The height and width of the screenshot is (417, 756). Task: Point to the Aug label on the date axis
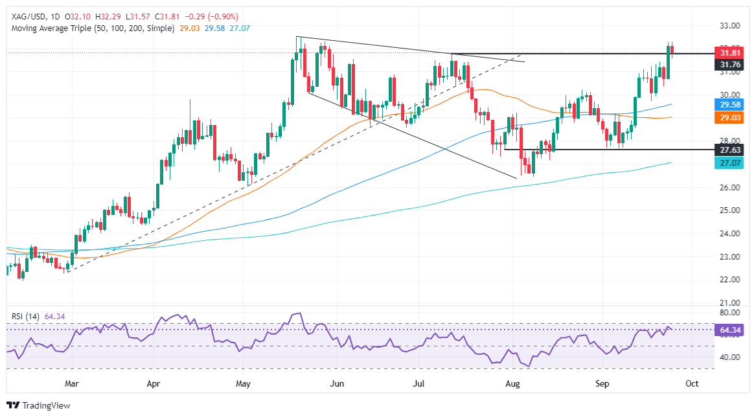512,383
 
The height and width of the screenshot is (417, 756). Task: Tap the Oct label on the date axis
691,383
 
